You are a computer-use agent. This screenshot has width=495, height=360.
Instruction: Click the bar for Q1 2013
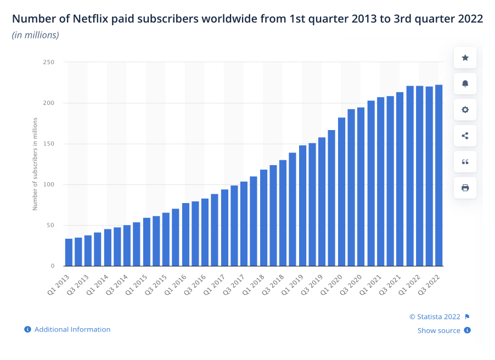pyautogui.click(x=69, y=252)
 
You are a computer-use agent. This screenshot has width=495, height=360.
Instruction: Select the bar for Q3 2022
pyautogui.click(x=439, y=176)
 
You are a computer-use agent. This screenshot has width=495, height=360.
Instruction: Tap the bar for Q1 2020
pyautogui.click(x=341, y=192)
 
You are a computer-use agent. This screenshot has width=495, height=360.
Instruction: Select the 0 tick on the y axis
pyautogui.click(x=53, y=266)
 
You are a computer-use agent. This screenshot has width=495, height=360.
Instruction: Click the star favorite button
pyautogui.click(x=465, y=58)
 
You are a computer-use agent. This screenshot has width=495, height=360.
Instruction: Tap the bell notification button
pyautogui.click(x=465, y=83)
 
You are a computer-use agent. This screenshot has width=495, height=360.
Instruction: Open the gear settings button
pyautogui.click(x=465, y=110)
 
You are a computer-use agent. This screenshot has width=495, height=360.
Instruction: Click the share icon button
pyautogui.click(x=465, y=136)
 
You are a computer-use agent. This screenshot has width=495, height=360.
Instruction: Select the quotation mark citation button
pyautogui.click(x=465, y=162)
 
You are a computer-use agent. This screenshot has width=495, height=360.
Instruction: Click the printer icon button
pyautogui.click(x=465, y=188)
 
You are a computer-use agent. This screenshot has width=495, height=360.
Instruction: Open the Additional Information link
pyautogui.click(x=72, y=329)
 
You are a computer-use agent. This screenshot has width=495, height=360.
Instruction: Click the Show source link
pyautogui.click(x=438, y=330)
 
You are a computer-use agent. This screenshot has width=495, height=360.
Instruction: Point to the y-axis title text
pyautogui.click(x=35, y=164)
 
